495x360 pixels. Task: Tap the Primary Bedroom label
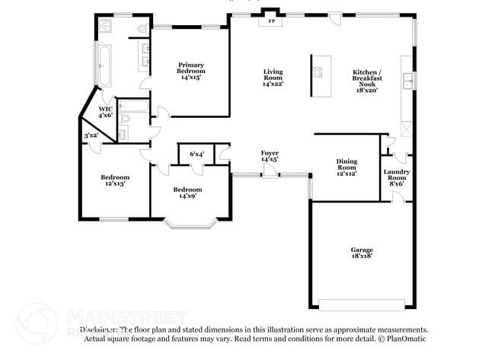[192, 71]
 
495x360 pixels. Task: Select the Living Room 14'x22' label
[272, 78]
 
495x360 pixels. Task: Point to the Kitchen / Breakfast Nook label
[367, 81]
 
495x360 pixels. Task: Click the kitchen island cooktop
[317, 73]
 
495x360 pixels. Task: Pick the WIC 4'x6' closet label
[105, 112]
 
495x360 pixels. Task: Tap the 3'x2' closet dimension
[91, 135]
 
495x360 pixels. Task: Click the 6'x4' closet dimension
[196, 154]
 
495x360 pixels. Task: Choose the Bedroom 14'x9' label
[187, 193]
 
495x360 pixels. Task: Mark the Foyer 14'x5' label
[270, 157]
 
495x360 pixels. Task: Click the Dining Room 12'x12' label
[346, 167]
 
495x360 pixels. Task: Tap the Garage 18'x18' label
[362, 253]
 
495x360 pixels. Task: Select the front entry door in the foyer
[270, 176]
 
